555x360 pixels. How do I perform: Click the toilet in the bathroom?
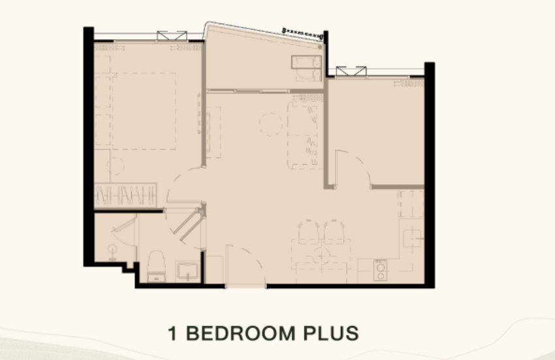[x=156, y=266]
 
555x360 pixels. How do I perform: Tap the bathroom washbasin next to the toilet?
[x=187, y=271]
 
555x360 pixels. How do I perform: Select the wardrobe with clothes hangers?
[x=125, y=195]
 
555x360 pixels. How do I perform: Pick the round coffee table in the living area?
[x=271, y=124]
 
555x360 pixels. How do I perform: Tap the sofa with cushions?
[x=305, y=135]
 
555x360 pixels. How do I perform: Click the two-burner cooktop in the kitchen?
[x=380, y=270]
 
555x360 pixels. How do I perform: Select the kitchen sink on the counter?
[x=413, y=236]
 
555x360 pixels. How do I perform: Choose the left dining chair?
[x=308, y=232]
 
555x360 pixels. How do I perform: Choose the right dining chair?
[x=334, y=232]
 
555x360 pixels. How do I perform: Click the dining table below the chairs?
[x=321, y=261]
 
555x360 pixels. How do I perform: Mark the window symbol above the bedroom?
[x=172, y=36]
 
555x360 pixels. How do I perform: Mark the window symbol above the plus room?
[x=351, y=71]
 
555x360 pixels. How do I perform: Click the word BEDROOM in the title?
[x=241, y=333]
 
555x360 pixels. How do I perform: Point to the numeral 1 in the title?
[x=172, y=333]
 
